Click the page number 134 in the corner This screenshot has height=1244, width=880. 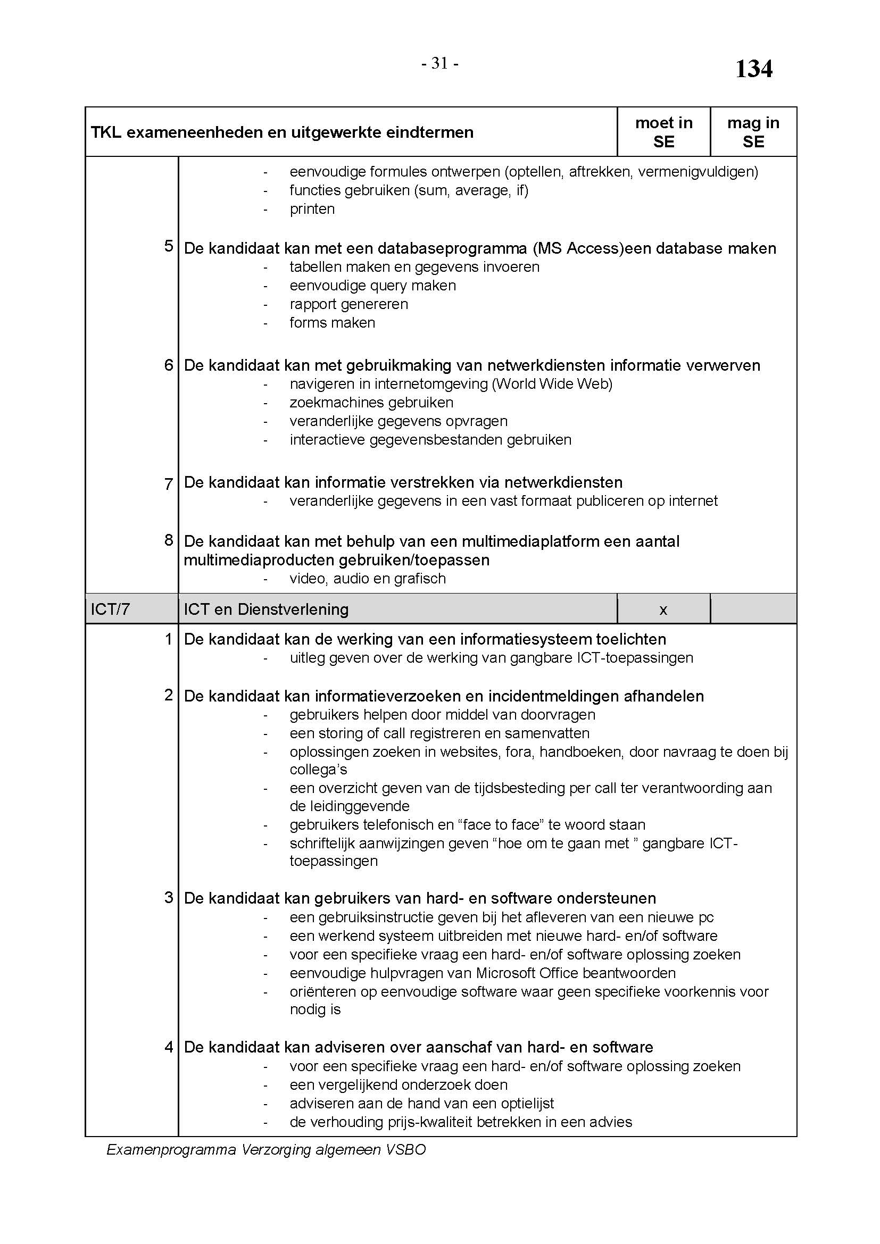click(x=753, y=69)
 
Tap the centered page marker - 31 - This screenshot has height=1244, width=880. click(x=440, y=64)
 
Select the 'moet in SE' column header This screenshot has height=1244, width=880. click(x=663, y=132)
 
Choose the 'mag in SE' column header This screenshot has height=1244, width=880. click(x=753, y=132)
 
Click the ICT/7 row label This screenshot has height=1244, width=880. click(x=111, y=610)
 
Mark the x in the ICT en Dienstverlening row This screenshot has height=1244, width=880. click(x=663, y=610)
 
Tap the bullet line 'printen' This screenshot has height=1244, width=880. click(x=312, y=209)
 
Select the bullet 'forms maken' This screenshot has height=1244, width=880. click(x=332, y=323)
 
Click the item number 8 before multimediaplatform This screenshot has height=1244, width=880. click(x=169, y=540)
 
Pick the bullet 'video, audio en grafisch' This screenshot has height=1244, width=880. click(x=368, y=579)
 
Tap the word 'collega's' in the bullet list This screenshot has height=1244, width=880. click(x=318, y=770)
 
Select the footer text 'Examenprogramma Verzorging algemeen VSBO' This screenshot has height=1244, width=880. click(x=266, y=1150)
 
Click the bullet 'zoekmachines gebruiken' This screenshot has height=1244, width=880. click(x=371, y=403)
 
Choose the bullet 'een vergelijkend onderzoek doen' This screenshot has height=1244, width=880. click(x=399, y=1086)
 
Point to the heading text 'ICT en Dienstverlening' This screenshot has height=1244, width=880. click(x=266, y=610)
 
